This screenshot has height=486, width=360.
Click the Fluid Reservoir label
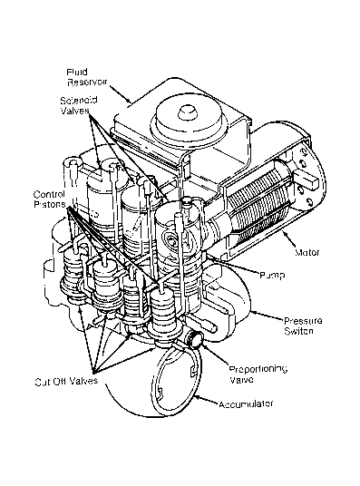click(x=87, y=77)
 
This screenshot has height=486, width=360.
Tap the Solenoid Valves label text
click(x=79, y=105)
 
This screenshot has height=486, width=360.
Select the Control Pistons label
click(x=50, y=199)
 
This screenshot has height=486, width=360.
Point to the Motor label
click(x=306, y=253)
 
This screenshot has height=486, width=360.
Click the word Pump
click(x=272, y=275)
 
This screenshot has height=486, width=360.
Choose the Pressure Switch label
click(x=303, y=326)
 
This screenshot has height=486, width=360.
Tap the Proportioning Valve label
click(x=258, y=374)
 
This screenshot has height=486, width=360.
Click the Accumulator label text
click(x=246, y=404)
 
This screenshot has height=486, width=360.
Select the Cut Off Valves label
click(x=66, y=381)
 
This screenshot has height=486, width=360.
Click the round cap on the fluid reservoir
click(x=187, y=120)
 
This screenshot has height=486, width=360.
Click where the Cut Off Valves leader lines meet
click(x=93, y=373)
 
